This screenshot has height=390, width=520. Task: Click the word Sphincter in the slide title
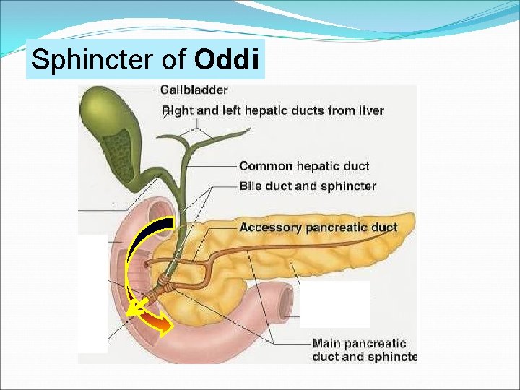(94, 60)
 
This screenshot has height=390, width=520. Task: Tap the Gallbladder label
(194, 90)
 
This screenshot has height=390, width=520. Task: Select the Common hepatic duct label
(304, 166)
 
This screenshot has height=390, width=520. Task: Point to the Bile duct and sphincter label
(308, 186)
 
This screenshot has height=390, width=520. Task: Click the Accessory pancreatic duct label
(318, 227)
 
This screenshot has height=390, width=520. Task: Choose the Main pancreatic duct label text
(360, 350)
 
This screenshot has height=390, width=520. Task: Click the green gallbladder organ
(108, 116)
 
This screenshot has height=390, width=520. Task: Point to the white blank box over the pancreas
(334, 304)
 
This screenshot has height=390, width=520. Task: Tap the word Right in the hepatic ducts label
(177, 110)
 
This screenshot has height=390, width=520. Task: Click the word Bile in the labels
(251, 186)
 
